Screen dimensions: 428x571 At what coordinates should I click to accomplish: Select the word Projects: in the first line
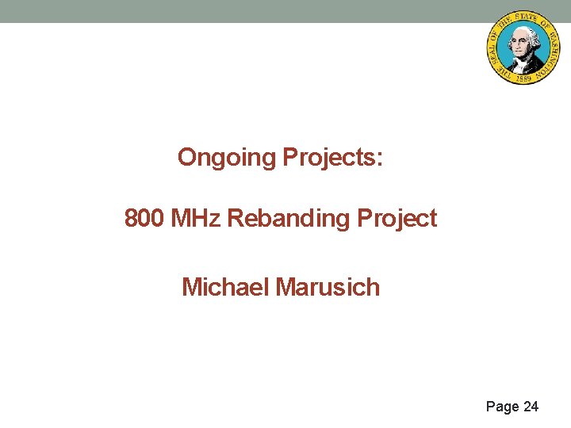click(x=333, y=158)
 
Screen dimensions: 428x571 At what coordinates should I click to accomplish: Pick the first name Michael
click(x=225, y=286)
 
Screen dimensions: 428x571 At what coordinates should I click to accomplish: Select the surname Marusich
click(x=328, y=286)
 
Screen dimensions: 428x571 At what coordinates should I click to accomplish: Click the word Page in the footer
click(x=502, y=407)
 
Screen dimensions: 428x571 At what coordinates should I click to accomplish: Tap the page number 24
click(x=531, y=407)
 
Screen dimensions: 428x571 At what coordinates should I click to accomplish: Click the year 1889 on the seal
click(x=523, y=78)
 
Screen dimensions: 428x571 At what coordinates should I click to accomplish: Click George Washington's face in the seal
click(x=520, y=39)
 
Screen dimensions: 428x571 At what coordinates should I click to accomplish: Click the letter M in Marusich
click(x=285, y=286)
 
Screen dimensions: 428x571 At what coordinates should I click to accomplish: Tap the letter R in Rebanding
click(x=236, y=219)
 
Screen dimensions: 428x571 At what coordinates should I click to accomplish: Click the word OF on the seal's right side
click(x=544, y=25)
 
